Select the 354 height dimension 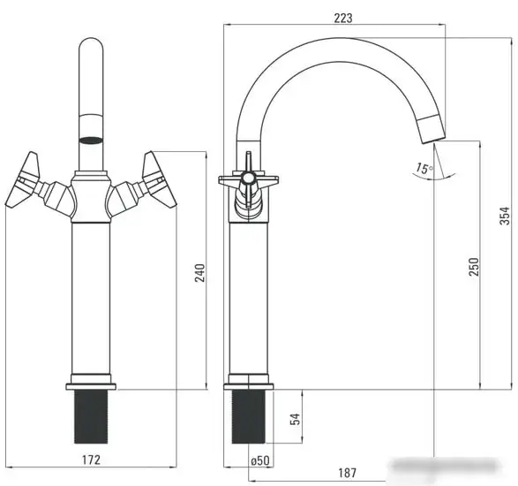pos(504,216)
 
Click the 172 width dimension pos(91,459)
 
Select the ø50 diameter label pos(259,460)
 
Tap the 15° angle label pos(424,168)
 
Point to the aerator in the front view pos(91,140)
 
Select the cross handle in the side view pos(249,179)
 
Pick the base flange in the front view pos(91,386)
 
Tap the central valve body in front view pos(91,200)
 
